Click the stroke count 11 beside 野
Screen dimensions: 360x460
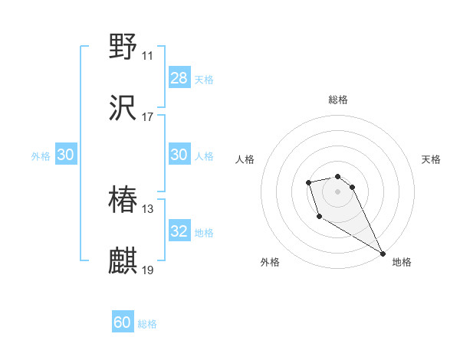point(147,56)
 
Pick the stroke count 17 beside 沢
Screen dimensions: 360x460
point(147,117)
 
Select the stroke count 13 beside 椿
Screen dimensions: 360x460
point(147,209)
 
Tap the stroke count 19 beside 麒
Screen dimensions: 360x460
point(147,270)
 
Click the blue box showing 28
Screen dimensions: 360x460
point(179,78)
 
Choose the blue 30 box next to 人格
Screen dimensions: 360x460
point(179,155)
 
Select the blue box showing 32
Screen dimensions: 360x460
point(179,231)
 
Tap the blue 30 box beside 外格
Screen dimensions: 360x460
point(66,155)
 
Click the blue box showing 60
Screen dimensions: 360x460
point(123,322)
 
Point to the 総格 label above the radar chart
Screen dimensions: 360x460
point(338,100)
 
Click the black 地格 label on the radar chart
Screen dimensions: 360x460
point(402,262)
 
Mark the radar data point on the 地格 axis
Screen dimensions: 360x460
point(383,253)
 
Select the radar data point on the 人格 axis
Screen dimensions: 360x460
point(308,182)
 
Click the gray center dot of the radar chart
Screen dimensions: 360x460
point(338,191)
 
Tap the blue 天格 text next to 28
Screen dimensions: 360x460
point(204,79)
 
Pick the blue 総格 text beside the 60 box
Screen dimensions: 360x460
point(148,324)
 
